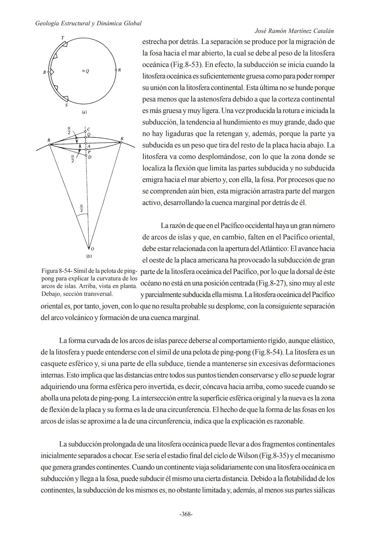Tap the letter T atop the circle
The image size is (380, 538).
pos(62,38)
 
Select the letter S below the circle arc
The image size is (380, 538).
pos(66,105)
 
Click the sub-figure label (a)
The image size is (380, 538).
pos(84,112)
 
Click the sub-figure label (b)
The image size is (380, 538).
pos(89,256)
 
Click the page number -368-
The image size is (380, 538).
pos(186,514)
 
